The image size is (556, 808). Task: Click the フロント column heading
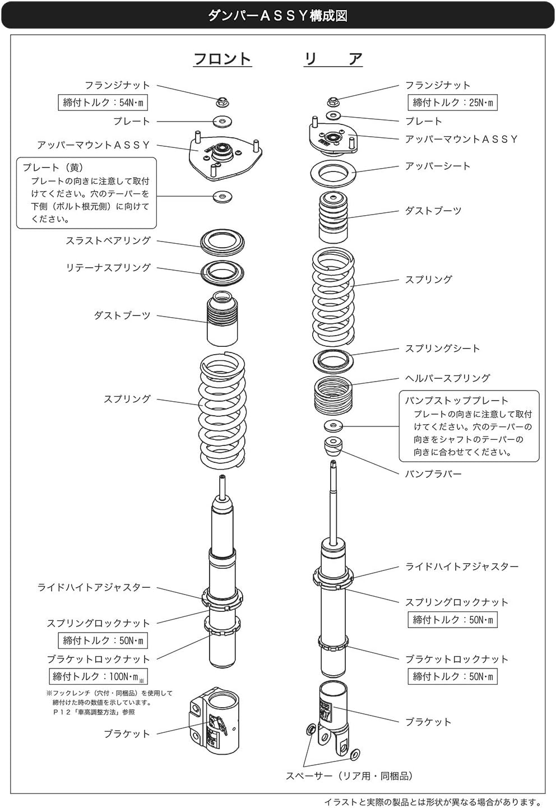point(223,59)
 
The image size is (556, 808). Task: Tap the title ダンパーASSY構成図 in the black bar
point(277,16)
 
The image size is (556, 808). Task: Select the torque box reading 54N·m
point(103,103)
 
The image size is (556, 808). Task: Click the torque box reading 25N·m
point(452,103)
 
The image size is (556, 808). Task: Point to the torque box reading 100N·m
point(99,676)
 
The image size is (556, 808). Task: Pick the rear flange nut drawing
point(333,101)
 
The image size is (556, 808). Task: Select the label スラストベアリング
point(108,241)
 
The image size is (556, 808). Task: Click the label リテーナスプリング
point(108,268)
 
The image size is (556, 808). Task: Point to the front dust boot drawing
point(223,319)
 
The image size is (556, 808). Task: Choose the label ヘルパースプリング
point(447,378)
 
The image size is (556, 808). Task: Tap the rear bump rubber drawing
point(333,447)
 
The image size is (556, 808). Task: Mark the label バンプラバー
point(433,474)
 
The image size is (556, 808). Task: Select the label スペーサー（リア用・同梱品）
point(349,776)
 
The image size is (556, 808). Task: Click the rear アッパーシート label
point(437,166)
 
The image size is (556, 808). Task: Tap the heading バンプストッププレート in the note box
point(456,401)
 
